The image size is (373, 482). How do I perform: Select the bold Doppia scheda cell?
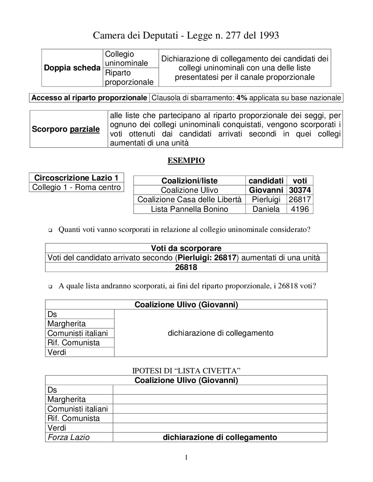72,68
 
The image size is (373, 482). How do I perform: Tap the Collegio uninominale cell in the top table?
126,59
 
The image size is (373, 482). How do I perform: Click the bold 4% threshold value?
242,98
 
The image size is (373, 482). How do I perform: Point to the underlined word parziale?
85,129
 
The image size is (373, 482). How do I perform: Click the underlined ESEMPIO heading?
186,160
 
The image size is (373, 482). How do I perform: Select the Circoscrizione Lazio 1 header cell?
76,178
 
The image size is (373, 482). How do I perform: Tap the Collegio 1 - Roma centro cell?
76,187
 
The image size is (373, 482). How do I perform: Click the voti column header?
300,181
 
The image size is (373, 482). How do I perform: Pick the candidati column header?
266,181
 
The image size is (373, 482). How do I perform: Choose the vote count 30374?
300,190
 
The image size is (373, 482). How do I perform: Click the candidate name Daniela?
266,209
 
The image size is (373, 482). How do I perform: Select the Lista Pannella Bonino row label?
189,209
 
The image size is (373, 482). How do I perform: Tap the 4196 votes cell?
300,209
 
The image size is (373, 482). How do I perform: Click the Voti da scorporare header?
186,248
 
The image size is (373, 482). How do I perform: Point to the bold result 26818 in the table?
186,267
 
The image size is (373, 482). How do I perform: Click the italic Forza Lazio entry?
68,437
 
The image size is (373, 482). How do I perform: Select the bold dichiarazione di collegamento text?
220,437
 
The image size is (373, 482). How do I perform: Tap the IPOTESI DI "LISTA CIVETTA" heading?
186,371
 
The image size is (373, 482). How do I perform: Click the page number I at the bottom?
186,458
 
